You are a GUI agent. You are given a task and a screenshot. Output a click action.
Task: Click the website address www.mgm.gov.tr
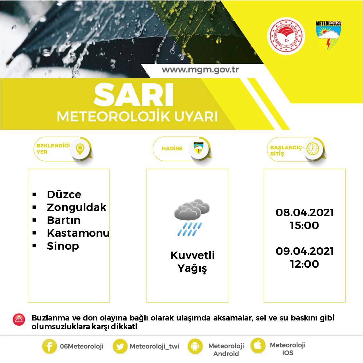pos(200,70)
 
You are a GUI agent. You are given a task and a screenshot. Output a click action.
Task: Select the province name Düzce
pos(64,194)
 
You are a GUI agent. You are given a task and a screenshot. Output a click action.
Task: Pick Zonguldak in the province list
pos(76,207)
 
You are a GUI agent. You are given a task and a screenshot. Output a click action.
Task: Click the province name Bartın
pos(63,220)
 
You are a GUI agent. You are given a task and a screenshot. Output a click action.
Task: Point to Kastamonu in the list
pos(78,233)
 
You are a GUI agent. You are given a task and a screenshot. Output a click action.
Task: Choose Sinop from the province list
pos(63,246)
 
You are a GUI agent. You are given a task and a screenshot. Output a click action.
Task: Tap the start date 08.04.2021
pos(304,213)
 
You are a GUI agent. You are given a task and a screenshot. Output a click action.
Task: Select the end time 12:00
pos(304,264)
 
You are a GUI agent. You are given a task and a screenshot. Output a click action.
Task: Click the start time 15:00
pos(304,225)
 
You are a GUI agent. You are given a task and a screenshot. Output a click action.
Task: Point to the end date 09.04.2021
pos(304,251)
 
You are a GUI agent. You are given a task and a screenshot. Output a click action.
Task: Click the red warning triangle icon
pos(19,319)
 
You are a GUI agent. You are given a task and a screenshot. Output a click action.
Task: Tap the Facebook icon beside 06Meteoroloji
pos(49,347)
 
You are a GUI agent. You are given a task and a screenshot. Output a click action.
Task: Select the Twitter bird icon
pos(120,347)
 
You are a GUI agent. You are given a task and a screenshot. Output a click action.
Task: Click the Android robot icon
pos(195,347)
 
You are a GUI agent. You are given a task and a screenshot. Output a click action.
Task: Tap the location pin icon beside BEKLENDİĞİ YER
pos(80,148)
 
